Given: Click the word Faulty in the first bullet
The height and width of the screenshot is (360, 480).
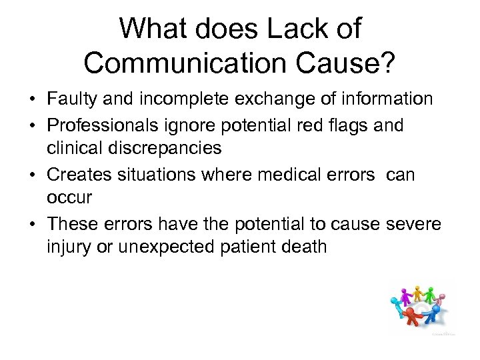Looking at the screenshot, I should coord(71,99).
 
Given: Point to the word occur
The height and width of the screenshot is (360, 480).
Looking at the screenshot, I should coord(69,198).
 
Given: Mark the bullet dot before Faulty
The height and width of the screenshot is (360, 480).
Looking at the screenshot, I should coord(32,100).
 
